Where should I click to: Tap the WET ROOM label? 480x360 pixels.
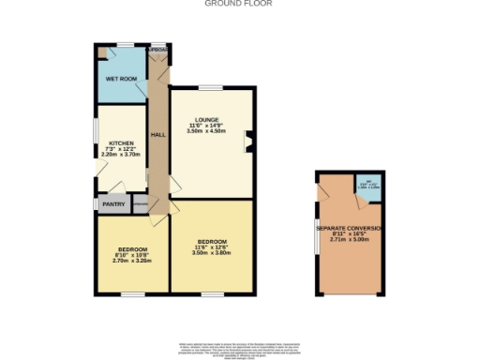(x=122, y=80)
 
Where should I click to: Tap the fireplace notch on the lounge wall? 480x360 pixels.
(x=248, y=142)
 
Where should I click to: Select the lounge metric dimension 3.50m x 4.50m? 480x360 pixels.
(x=209, y=132)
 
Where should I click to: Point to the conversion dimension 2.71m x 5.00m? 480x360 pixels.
(x=351, y=241)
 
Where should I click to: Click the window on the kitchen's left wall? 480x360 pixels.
(x=97, y=131)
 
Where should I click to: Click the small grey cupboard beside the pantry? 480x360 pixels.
(x=140, y=203)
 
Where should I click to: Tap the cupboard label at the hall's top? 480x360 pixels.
(x=158, y=49)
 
